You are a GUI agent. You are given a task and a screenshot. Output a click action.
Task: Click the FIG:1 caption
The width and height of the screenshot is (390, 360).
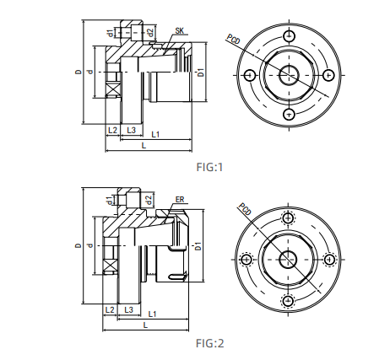coord(209,167)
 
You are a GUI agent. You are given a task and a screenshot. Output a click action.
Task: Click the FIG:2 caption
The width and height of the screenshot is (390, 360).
coord(209,343)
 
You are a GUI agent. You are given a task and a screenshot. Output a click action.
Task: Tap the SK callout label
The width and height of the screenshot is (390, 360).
coord(179,30)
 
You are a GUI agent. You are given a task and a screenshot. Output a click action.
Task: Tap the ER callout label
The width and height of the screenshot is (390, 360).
coord(179,200)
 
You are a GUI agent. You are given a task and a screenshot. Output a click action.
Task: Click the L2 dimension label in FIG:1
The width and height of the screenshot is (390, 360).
coord(112,132)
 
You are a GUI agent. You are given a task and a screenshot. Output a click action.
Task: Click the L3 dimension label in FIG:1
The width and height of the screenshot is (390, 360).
coord(131,132)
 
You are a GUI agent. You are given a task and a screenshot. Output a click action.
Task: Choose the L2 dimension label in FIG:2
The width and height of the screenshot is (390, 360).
coord(110,310)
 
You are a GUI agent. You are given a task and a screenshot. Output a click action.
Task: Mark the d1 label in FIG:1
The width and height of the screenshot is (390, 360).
coord(110,32)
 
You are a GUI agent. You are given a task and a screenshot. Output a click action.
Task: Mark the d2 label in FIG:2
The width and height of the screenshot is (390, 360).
coord(149,200)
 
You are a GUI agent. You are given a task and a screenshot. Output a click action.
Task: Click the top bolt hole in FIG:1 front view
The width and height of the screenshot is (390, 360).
coord(289,35)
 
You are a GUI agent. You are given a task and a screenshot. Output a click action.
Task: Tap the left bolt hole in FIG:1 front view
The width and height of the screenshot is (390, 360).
coord(249,75)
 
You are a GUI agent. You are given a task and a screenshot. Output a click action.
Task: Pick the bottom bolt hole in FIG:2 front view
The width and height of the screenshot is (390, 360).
coord(289,300)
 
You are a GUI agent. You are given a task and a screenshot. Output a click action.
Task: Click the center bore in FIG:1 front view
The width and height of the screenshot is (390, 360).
coord(289,75)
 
